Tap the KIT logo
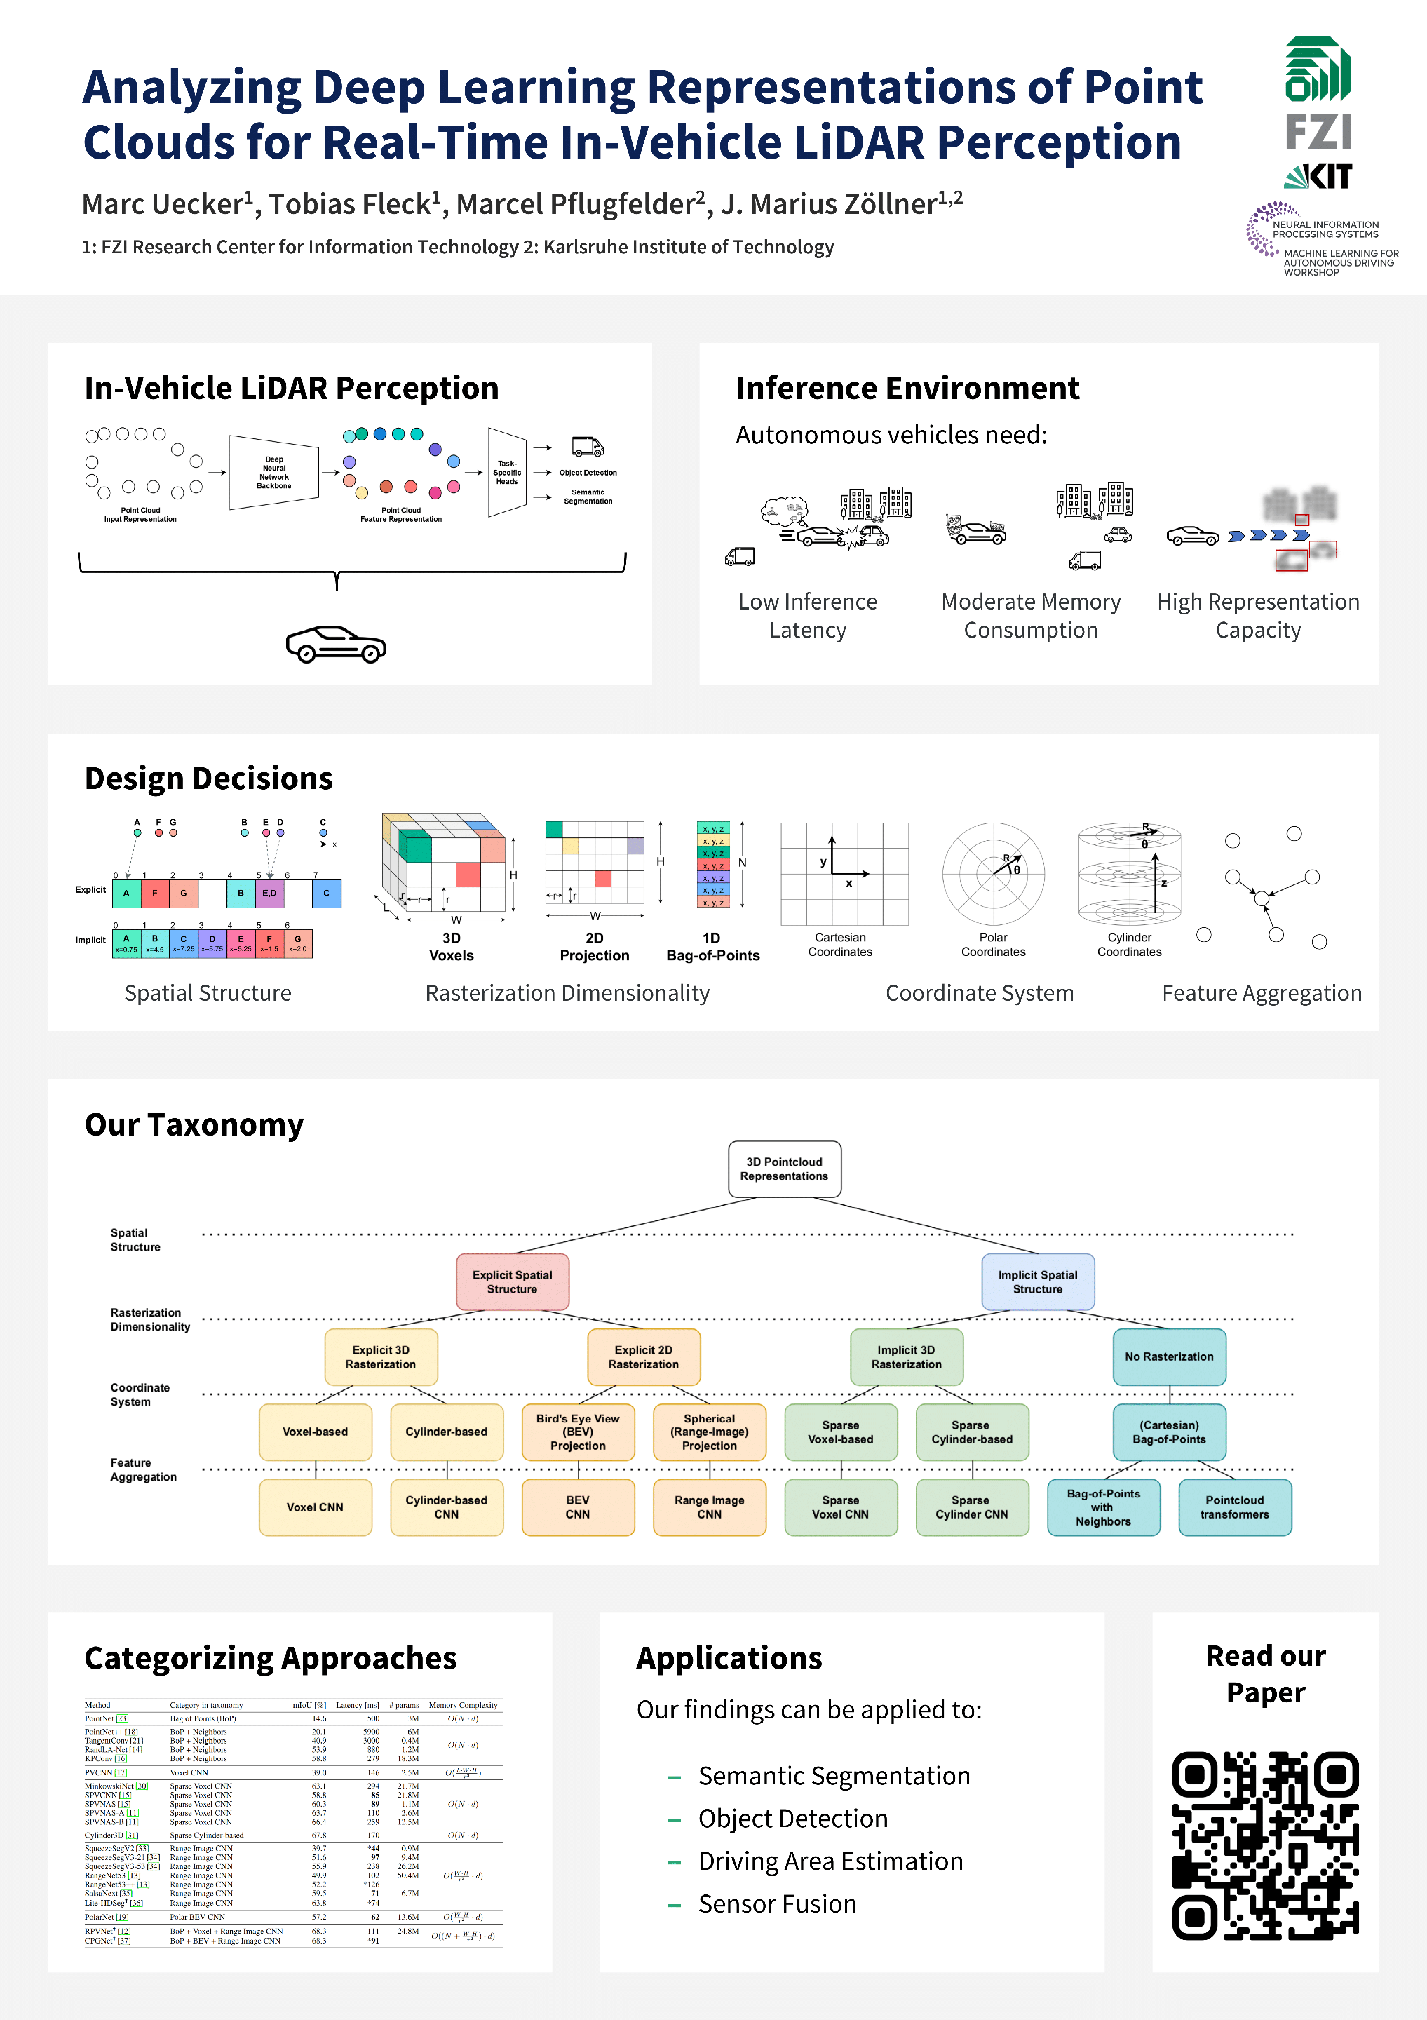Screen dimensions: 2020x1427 pyautogui.click(x=1317, y=177)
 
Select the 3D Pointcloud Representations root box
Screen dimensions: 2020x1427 pyautogui.click(x=784, y=1169)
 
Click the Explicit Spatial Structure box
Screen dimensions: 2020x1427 pyautogui.click(x=512, y=1282)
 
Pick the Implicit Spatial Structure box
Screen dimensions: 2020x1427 pyautogui.click(x=1037, y=1282)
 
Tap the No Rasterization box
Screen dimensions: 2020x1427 pyautogui.click(x=1168, y=1356)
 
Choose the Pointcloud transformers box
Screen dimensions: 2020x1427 pyautogui.click(x=1234, y=1507)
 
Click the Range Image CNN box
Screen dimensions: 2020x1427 pyautogui.click(x=709, y=1507)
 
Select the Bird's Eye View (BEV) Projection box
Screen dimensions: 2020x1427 pyautogui.click(x=578, y=1432)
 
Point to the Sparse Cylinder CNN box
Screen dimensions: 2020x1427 pyautogui.click(x=971, y=1507)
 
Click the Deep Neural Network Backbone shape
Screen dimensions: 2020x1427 pyautogui.click(x=273, y=473)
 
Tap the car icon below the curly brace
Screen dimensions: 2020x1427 pyautogui.click(x=336, y=645)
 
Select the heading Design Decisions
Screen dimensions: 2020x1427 pyautogui.click(x=208, y=779)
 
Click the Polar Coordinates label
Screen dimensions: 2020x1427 pyautogui.click(x=993, y=944)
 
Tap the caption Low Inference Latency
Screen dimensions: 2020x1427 pyautogui.click(x=808, y=616)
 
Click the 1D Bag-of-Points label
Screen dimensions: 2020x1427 pyautogui.click(x=712, y=947)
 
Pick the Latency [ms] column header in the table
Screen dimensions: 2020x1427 pyautogui.click(x=357, y=1705)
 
